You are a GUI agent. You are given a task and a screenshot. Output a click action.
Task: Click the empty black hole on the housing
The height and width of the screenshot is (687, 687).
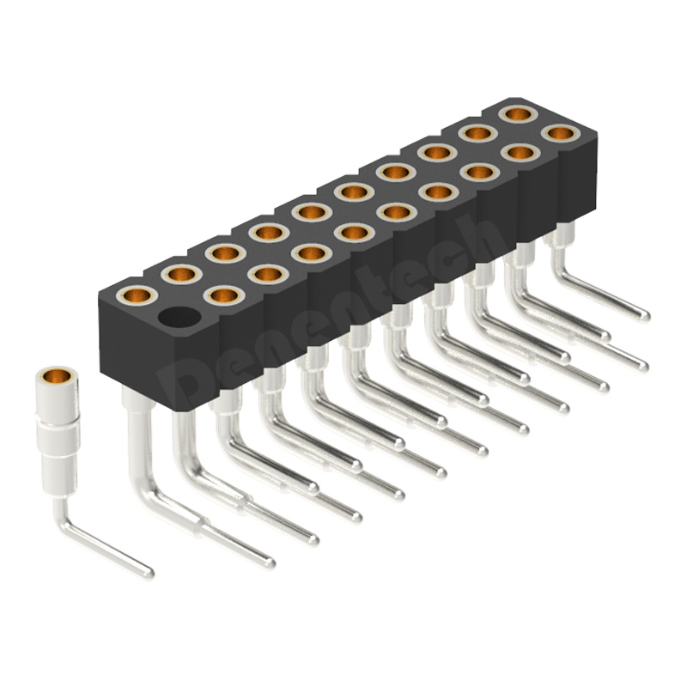pos(179,317)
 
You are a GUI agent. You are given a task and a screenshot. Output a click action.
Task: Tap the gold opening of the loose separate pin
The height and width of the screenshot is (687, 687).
pos(56,376)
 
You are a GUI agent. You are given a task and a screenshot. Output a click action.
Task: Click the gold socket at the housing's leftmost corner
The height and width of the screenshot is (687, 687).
pos(137,295)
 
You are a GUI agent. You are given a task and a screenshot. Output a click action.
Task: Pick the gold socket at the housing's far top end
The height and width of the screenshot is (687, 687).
pos(518,114)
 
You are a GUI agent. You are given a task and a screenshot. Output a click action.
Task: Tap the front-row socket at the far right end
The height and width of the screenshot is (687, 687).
pos(561,133)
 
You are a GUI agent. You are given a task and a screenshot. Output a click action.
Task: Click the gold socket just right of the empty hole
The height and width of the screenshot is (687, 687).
pos(224,295)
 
